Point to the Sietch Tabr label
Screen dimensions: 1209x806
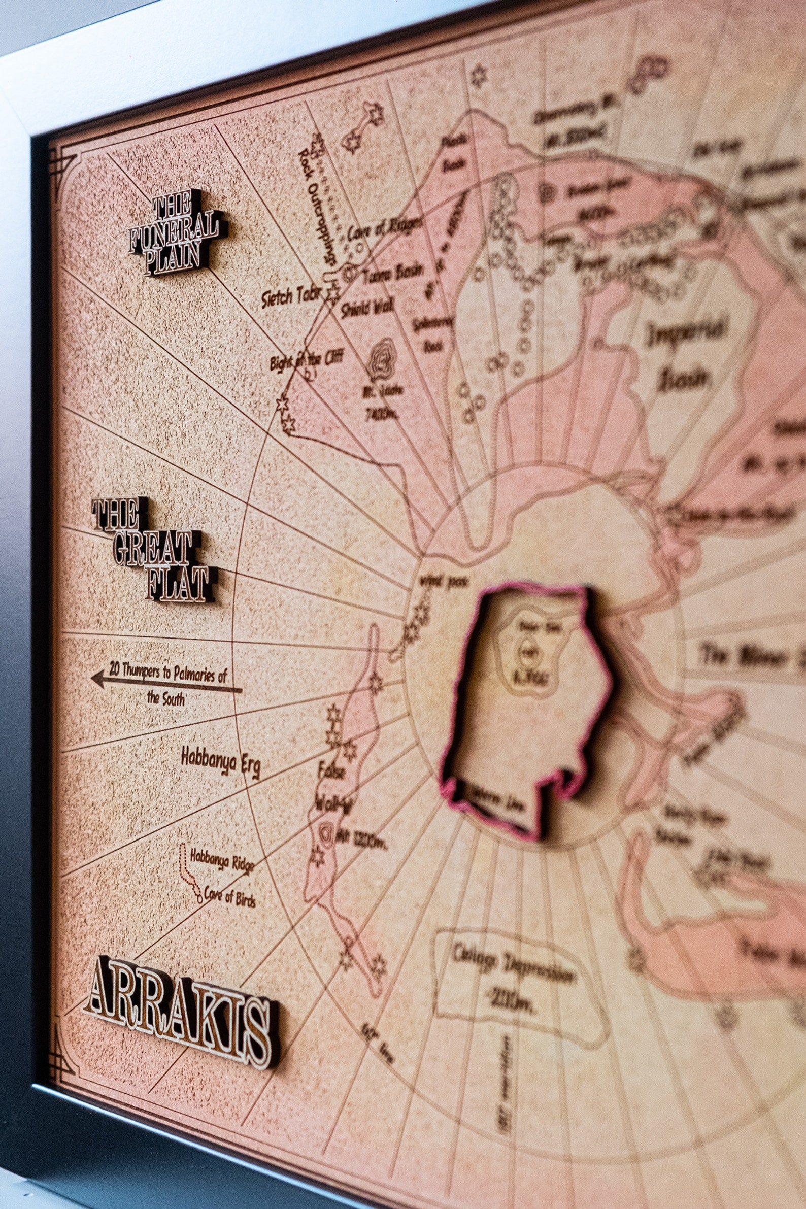[291, 297]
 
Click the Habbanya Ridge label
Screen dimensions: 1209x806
[222, 862]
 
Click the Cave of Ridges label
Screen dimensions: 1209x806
[385, 229]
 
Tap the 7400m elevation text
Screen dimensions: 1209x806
[381, 412]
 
